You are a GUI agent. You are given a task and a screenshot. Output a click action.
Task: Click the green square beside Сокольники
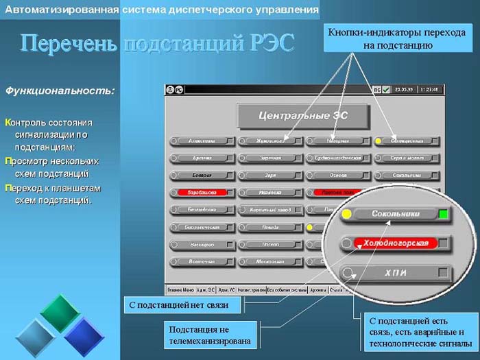(x=444, y=215)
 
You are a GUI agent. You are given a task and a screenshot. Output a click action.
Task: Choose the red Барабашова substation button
(x=202, y=193)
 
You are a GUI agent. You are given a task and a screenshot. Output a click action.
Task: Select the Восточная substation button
(x=202, y=262)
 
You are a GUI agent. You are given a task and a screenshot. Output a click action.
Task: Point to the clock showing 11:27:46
(x=430, y=89)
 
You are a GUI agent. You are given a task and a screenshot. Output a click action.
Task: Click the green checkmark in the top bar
(x=386, y=89)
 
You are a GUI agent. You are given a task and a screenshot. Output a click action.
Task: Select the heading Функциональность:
(x=60, y=90)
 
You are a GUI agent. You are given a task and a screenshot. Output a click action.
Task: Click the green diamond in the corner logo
(x=60, y=309)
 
